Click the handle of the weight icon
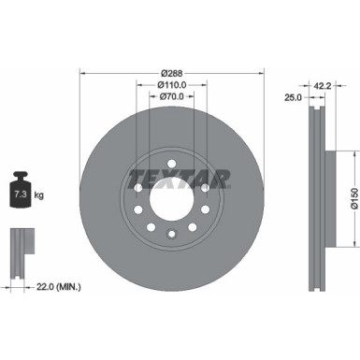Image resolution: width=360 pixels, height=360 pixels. tap(21, 175)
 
